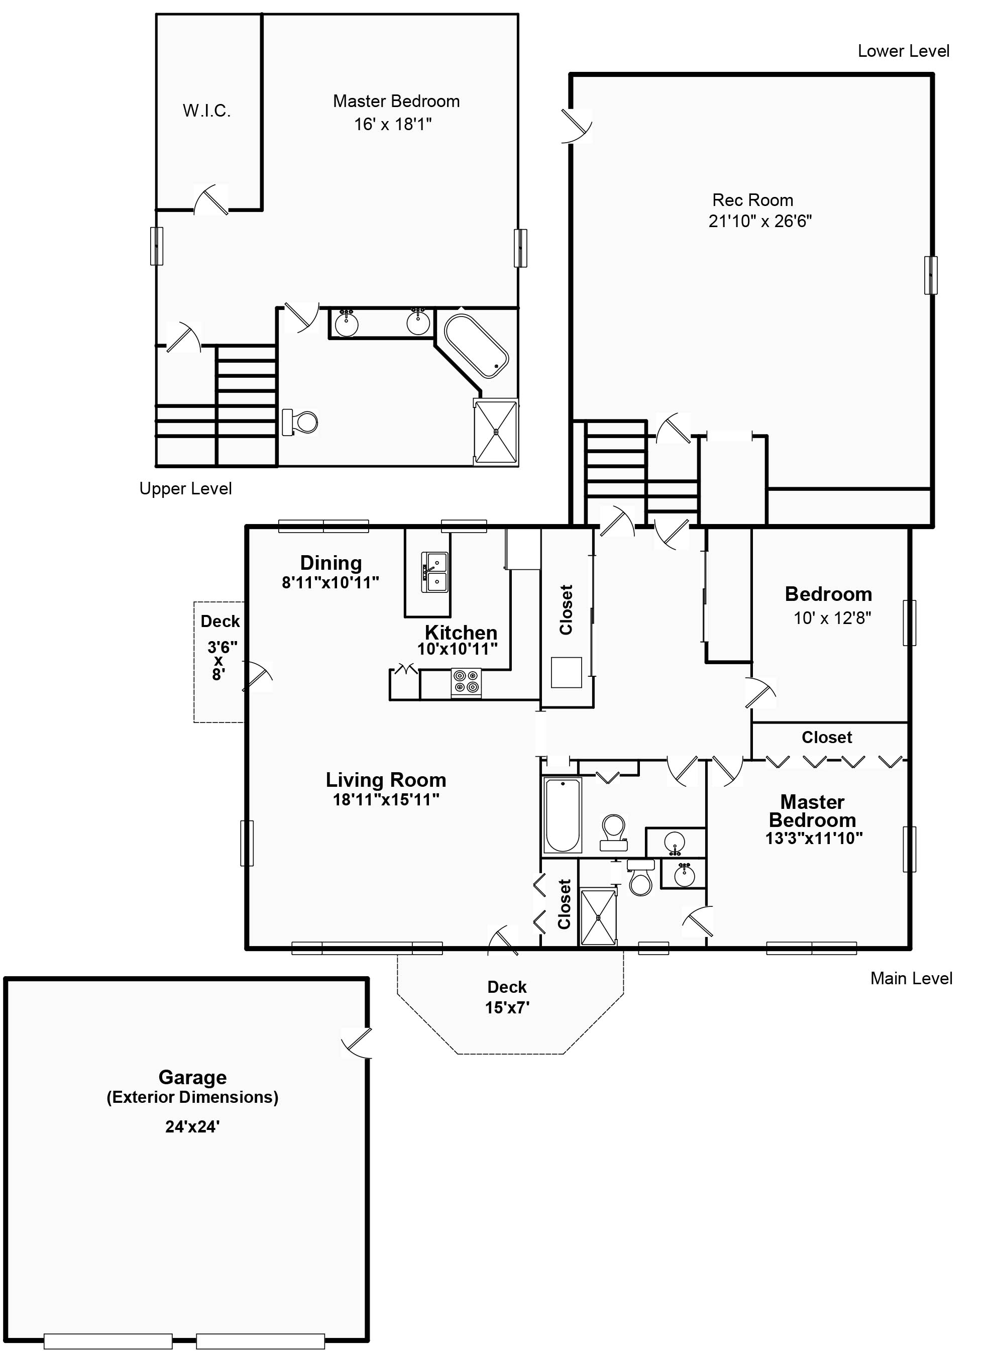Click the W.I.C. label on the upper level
coord(206,111)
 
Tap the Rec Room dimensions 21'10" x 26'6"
coord(760,222)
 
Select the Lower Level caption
coord(904,51)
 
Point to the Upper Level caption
coord(185,489)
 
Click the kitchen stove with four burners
coord(466,683)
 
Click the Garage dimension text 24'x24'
coord(192,1126)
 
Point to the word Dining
coord(331,563)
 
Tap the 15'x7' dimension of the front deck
coord(507,1007)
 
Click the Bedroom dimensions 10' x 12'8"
coord(832,618)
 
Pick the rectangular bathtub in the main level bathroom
coord(563,815)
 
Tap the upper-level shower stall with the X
coord(495,432)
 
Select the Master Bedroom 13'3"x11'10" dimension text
coord(814,838)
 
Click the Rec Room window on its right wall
coord(930,275)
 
